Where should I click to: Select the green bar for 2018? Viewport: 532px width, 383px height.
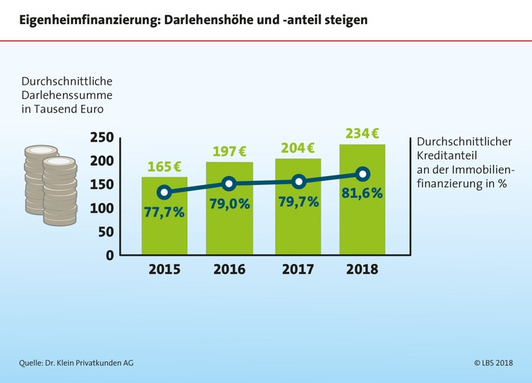pos(363,225)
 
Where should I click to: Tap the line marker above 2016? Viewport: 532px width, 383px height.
pos(230,184)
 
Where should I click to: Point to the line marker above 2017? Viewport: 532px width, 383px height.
pos(298,181)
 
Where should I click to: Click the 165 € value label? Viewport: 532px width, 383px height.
pos(164,167)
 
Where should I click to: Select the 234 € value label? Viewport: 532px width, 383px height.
pos(363,134)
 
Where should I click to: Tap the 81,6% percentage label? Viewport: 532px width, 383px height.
pos(363,193)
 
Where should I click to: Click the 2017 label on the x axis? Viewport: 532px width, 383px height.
pos(297,269)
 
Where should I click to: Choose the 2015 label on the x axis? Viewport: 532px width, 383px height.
pos(164,269)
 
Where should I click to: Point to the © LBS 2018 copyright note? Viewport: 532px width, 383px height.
pos(493,364)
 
